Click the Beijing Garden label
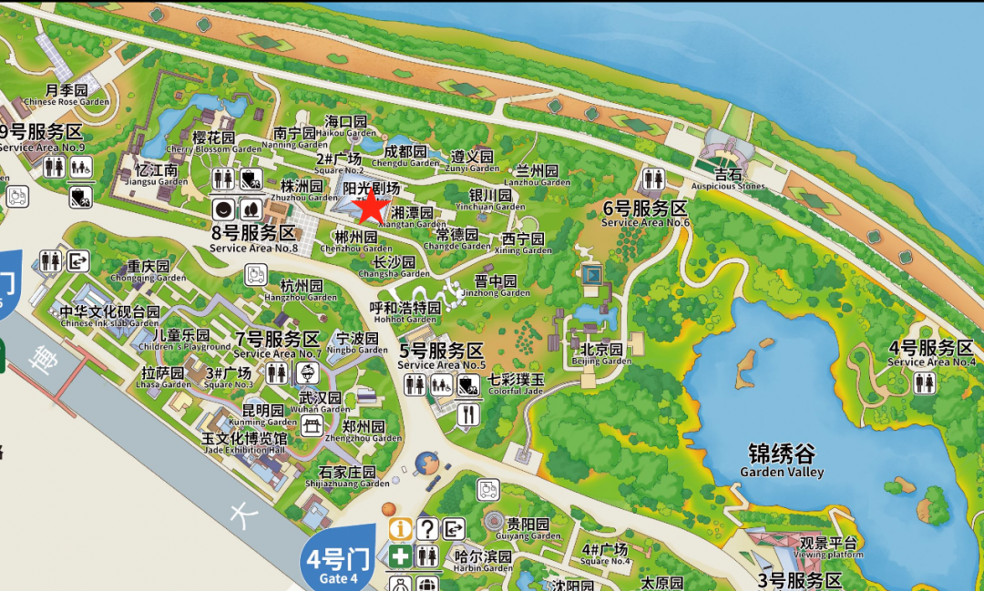pyautogui.click(x=601, y=354)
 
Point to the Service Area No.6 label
pyautogui.click(x=645, y=213)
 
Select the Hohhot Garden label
pyautogui.click(x=405, y=313)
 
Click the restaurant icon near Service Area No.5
pyautogui.click(x=469, y=414)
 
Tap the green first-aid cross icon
pyautogui.click(x=400, y=555)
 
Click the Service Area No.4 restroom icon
pyautogui.click(x=924, y=383)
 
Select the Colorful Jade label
pyautogui.click(x=516, y=385)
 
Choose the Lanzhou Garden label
pyautogui.click(x=537, y=176)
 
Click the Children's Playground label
pyautogui.click(x=181, y=341)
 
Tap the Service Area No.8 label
pyautogui.click(x=253, y=239)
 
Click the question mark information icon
pyautogui.click(x=426, y=529)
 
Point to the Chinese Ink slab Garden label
pyautogui.click(x=109, y=317)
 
